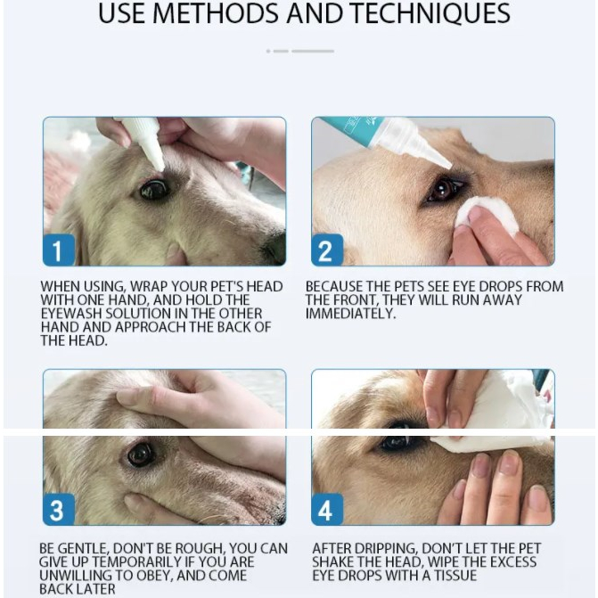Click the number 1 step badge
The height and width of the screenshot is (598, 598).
pyautogui.click(x=59, y=250)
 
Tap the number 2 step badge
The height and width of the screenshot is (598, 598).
pyautogui.click(x=327, y=250)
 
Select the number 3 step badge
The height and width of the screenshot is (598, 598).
pyautogui.click(x=59, y=509)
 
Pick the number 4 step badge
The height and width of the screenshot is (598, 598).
pyautogui.click(x=327, y=509)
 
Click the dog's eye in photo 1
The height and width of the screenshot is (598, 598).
pyautogui.click(x=154, y=189)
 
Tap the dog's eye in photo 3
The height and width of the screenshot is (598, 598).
pyautogui.click(x=141, y=454)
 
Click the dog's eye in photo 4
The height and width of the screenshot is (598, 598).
pyautogui.click(x=400, y=438)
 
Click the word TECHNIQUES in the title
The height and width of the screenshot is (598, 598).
pyautogui.click(x=430, y=13)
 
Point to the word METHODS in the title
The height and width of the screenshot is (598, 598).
pyautogui.click(x=216, y=13)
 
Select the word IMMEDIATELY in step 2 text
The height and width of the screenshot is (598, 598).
pyautogui.click(x=350, y=314)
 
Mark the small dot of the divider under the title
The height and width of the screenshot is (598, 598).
pyautogui.click(x=268, y=51)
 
